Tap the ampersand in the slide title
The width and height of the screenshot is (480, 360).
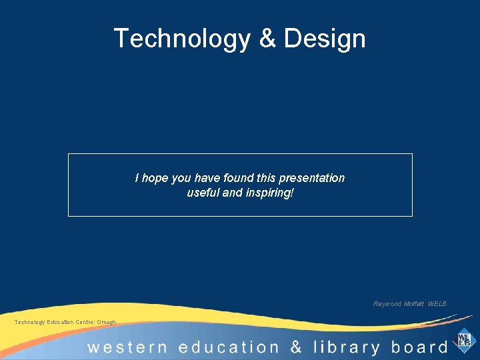pos(267,39)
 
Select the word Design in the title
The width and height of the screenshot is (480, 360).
pos(325,39)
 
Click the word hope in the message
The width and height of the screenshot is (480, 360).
pos(155,178)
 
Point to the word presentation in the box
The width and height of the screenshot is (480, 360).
pos(311,178)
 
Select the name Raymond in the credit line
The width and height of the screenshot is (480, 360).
pos(387,304)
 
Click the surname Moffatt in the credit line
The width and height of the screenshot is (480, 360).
pos(414,304)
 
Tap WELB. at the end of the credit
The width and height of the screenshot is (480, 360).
pos(439,304)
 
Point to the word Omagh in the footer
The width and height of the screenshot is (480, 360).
pos(107,323)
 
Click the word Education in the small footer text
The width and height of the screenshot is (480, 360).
pos(61,323)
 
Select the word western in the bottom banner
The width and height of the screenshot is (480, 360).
pos(127,348)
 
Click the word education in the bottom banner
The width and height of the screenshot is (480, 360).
pos(228,348)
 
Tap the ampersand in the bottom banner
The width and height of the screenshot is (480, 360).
pos(296,348)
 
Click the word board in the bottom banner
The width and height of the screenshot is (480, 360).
pos(419,348)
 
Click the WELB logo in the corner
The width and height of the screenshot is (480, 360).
pos(464,340)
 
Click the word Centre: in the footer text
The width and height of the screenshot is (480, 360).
pos(85,323)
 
